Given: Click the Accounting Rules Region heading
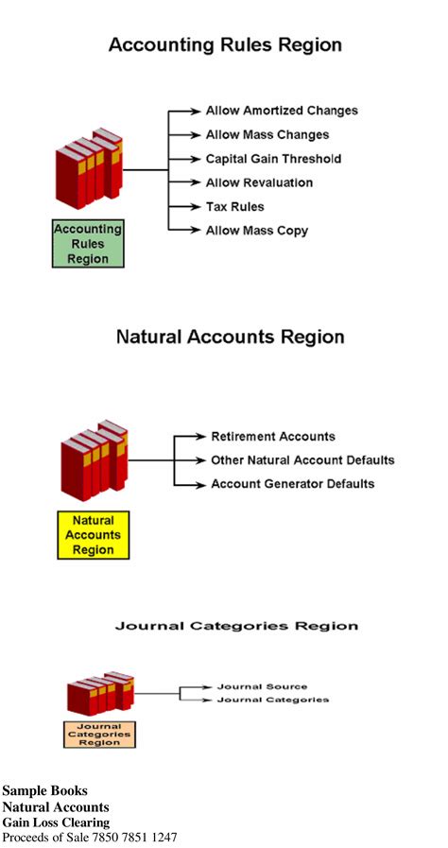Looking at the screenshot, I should point(225,45).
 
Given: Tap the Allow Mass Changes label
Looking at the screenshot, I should point(267,135).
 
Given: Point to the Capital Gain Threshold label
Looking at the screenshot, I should point(273,159).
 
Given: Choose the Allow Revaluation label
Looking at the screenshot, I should point(259,182).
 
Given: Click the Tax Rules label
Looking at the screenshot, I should point(235,206).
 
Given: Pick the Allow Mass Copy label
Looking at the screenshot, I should point(257,231).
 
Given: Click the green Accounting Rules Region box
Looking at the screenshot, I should point(87,244).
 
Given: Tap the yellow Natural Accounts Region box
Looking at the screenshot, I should point(93,535).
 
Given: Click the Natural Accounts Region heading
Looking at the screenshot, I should point(230,337).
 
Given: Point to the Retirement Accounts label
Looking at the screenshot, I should point(273,437).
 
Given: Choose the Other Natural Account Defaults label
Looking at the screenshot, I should point(302,460).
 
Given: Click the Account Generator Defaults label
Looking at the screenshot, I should point(293,484).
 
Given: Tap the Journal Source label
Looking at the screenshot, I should point(262,686).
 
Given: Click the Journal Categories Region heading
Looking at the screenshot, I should point(236,626).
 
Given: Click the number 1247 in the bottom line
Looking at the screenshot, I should point(162,838).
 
